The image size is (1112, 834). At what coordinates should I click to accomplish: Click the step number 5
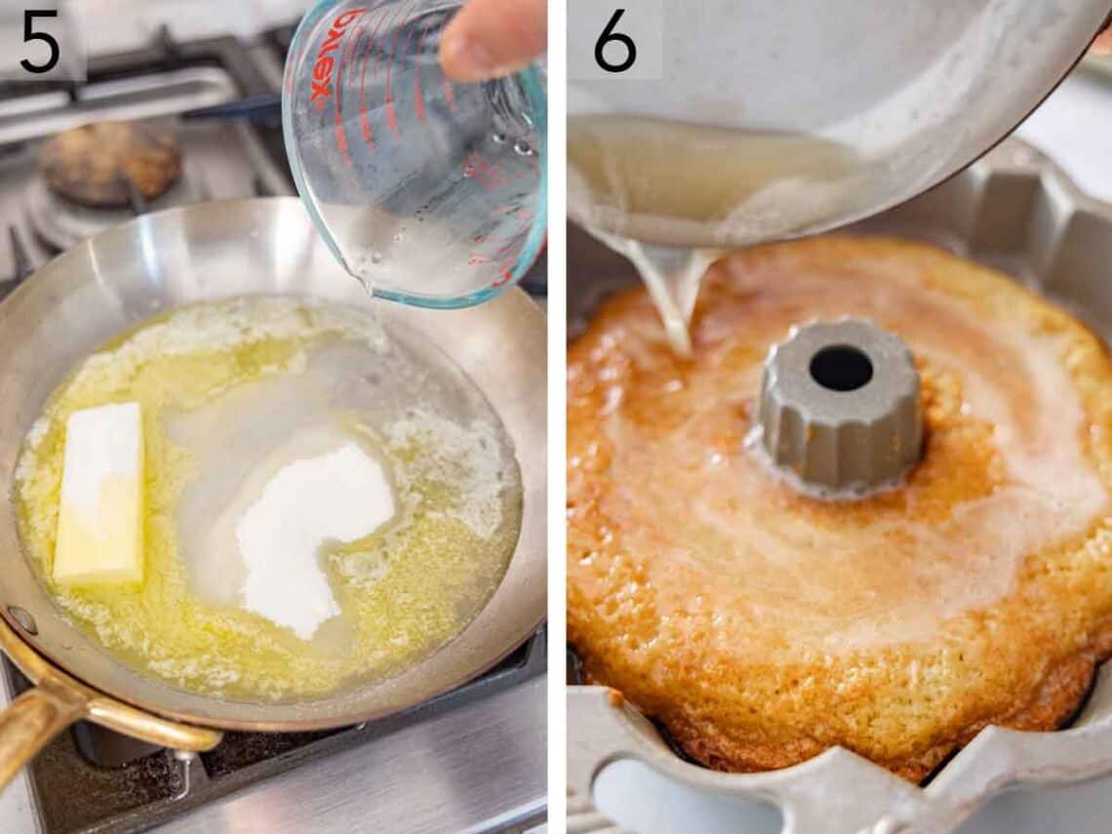40,41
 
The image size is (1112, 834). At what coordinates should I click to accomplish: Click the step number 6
615,41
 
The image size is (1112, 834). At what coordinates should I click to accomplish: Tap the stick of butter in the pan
99,493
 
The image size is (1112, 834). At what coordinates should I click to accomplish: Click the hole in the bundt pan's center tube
840,368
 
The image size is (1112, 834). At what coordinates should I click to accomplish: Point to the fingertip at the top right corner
1102,39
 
